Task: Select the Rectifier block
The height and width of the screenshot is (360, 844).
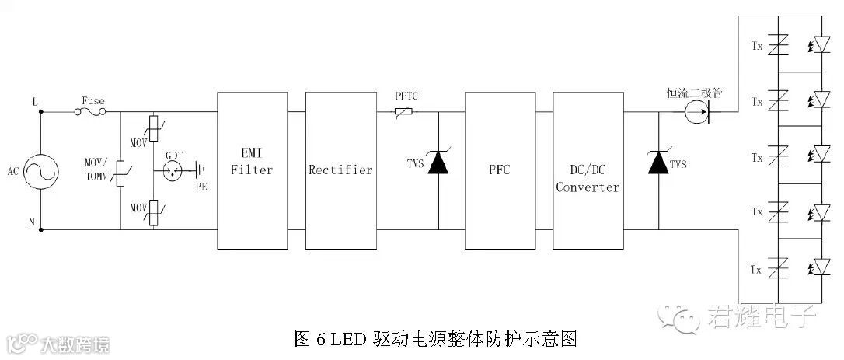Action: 340,170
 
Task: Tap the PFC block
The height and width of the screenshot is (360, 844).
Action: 498,170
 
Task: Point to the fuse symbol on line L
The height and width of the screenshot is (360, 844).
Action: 92,111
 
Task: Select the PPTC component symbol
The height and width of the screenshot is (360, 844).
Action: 403,112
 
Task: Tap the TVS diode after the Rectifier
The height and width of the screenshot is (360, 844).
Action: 439,164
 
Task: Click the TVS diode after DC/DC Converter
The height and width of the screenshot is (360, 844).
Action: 658,164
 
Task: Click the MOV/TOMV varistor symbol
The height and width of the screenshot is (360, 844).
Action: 120,171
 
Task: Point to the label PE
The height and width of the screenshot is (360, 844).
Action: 201,187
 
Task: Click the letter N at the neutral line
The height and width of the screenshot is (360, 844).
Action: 32,222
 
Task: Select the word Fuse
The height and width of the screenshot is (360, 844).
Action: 93,100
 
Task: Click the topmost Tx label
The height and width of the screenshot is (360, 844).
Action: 755,47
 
